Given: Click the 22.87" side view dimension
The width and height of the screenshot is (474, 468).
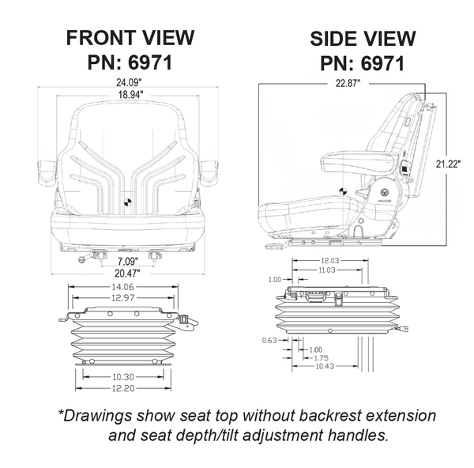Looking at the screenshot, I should point(341,83).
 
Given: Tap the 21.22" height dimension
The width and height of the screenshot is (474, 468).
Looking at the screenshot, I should point(448,164).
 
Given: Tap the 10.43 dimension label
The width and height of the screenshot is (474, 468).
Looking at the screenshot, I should point(322,367).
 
